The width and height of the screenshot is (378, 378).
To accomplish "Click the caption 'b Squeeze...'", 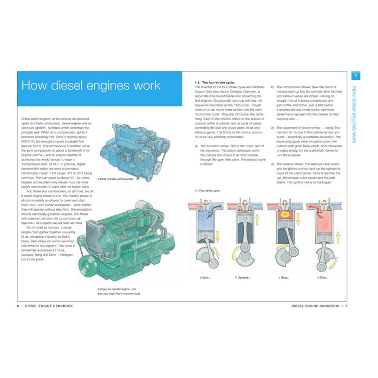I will click(243, 277).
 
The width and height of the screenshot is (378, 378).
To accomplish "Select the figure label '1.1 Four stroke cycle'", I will click(208, 191).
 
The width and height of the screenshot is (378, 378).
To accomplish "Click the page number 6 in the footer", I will click(18, 306).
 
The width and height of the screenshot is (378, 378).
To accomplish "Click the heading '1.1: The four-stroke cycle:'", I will click(215, 83).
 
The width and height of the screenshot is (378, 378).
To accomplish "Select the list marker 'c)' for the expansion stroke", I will click(273, 127).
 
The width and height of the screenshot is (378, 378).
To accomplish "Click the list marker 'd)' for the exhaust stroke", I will click(273, 164).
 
